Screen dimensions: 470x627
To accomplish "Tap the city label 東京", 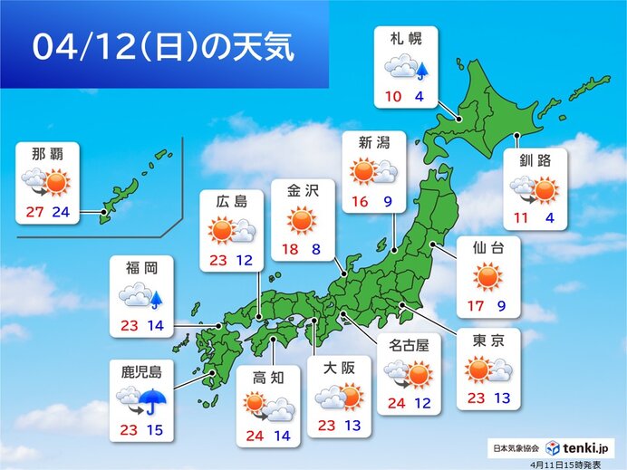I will click(x=488, y=341).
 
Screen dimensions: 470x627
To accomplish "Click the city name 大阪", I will click(x=338, y=368).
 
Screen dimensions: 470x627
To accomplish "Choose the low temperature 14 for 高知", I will click(x=283, y=436).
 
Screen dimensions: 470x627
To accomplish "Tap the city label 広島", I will click(x=231, y=201).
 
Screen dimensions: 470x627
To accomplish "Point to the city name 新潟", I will click(x=372, y=141).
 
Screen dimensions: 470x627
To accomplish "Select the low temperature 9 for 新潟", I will click(x=388, y=201).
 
